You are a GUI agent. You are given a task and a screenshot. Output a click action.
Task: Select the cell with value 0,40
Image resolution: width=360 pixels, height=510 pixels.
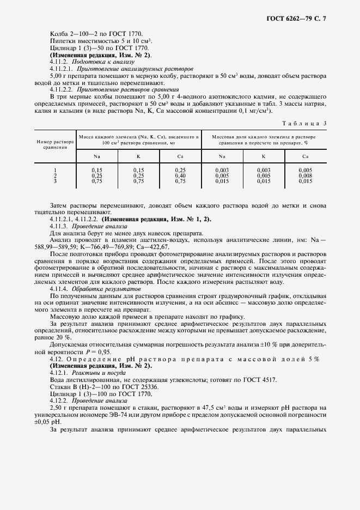click(x=180, y=175)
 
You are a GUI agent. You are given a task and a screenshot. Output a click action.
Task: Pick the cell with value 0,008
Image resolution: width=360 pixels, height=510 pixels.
click(x=305, y=175)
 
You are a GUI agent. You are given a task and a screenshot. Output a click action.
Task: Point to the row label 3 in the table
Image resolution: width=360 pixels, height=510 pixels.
click(x=54, y=181)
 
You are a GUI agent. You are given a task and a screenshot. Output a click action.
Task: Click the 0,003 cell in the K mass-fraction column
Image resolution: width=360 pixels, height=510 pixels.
click(x=263, y=171)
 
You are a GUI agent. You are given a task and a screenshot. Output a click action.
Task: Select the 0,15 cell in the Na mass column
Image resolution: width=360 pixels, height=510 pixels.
click(x=97, y=171)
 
